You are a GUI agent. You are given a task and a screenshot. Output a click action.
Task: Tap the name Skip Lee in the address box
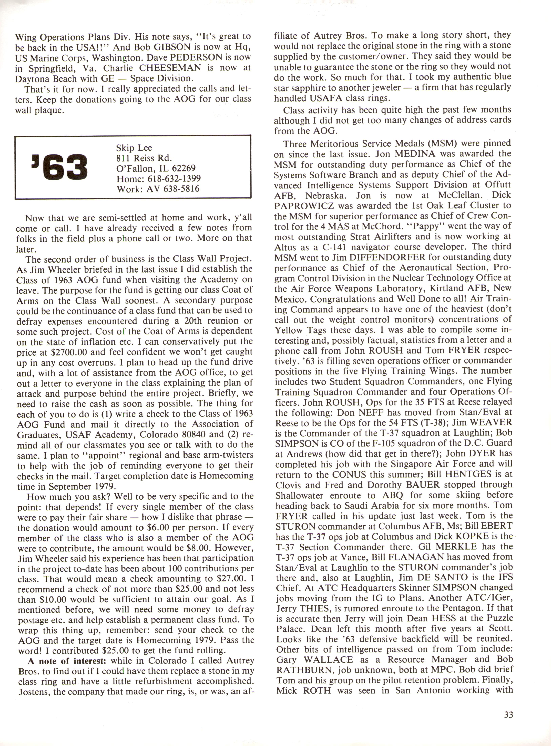(x=134, y=148)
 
